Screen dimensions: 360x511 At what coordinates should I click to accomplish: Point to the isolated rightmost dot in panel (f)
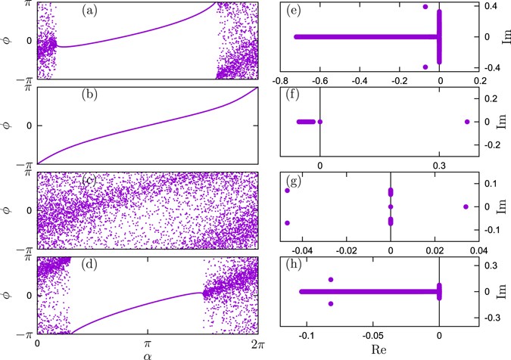pyautogui.click(x=467, y=122)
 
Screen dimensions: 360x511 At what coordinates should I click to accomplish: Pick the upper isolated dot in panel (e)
pyautogui.click(x=425, y=7)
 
